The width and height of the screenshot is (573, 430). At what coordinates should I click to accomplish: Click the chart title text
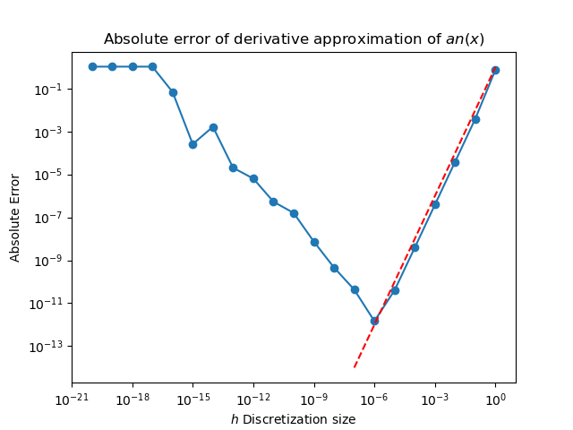pos(294,39)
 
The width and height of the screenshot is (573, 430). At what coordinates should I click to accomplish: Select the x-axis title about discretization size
pos(293,419)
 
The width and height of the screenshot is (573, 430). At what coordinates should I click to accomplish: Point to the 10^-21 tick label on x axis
pos(72,398)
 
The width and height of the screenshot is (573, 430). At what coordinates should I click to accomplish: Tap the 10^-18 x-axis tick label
pos(132,398)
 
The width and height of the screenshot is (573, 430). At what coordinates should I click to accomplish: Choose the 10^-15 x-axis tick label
pos(192,398)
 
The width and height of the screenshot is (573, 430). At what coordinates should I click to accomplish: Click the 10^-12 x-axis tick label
pos(252,398)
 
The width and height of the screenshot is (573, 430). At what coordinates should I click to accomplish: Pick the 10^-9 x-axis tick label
pos(313,398)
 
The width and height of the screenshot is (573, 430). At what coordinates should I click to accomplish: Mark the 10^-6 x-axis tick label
pos(374,398)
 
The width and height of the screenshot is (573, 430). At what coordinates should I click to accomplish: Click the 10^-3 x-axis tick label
pos(434,398)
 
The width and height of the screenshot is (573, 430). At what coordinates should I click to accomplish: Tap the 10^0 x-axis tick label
pos(495,398)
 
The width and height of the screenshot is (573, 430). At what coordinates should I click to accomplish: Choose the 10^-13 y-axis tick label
pos(47,347)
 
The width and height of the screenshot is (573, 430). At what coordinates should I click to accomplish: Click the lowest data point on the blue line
pos(374,320)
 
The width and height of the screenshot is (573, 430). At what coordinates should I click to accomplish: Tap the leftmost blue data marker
pos(92,66)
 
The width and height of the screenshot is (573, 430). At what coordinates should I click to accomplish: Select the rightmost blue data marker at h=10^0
pos(495,70)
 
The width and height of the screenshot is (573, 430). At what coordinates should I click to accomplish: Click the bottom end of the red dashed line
pos(355,366)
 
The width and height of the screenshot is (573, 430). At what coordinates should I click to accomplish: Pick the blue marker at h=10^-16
pos(173,92)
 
